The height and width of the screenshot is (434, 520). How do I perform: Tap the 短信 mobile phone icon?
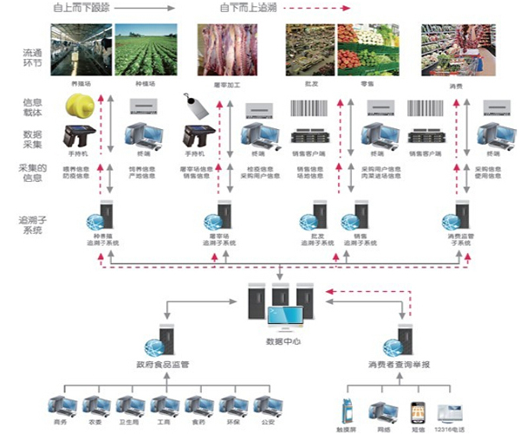click(416, 410)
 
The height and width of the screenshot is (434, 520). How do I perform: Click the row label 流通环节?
click(33, 58)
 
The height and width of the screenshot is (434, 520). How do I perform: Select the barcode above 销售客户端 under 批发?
click(310, 109)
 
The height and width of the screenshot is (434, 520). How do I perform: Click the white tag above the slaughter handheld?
click(194, 108)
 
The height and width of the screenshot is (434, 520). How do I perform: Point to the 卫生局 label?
click(127, 425)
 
